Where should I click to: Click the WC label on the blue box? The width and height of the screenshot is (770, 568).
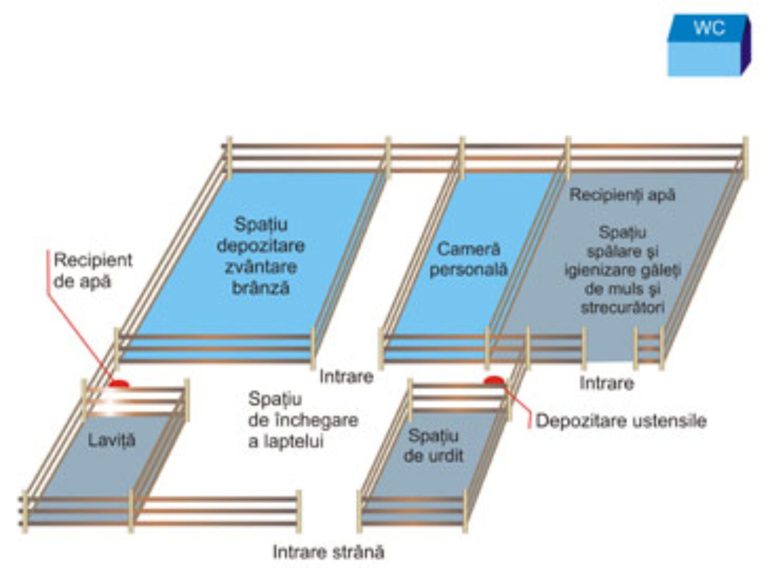click(709, 28)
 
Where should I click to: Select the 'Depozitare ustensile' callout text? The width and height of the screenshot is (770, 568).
click(621, 421)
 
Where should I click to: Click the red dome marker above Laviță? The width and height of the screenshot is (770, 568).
click(119, 384)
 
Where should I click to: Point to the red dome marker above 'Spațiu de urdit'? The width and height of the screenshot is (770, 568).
click(493, 380)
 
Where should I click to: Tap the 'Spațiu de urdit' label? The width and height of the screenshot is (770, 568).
click(433, 446)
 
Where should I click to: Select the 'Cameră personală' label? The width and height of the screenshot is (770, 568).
click(468, 259)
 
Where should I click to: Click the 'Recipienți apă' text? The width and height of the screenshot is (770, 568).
click(622, 195)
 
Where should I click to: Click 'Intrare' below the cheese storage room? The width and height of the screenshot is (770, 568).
click(346, 377)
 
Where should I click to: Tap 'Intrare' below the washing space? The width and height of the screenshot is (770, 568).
click(606, 383)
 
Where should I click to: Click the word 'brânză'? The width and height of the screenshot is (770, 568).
click(261, 288)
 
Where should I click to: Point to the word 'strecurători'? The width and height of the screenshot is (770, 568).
click(622, 307)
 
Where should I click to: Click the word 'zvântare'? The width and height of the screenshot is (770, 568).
click(261, 267)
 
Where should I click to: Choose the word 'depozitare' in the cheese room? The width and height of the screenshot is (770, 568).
click(261, 246)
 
